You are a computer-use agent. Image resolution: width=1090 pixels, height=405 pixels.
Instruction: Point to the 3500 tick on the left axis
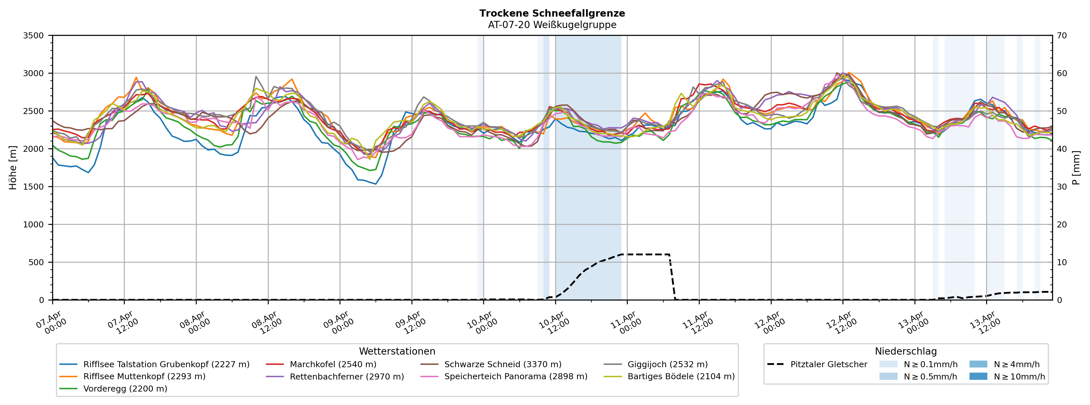(x=34, y=36)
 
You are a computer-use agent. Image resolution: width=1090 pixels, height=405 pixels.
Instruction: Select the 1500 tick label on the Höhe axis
(x=34, y=187)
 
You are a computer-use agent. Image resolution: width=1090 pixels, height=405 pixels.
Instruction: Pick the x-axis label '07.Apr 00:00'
(x=52, y=323)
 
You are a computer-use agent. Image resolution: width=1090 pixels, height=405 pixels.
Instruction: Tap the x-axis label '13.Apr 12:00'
(x=986, y=323)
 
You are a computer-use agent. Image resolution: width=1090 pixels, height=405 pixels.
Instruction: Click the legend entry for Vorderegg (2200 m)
(x=125, y=388)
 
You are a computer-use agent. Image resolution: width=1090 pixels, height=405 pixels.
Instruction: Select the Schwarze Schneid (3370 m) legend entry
(x=503, y=364)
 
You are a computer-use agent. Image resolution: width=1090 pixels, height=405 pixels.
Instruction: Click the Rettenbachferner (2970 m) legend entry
(x=346, y=376)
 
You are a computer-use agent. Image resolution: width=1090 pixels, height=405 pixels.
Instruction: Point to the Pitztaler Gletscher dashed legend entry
(x=828, y=364)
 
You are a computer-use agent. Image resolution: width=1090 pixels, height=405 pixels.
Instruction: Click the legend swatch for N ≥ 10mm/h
(x=978, y=376)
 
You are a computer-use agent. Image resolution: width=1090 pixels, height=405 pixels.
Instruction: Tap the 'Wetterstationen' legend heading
(x=397, y=351)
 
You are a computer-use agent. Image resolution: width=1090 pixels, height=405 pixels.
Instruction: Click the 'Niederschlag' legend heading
(x=906, y=351)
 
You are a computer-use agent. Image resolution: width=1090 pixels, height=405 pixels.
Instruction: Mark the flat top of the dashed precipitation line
(x=645, y=255)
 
